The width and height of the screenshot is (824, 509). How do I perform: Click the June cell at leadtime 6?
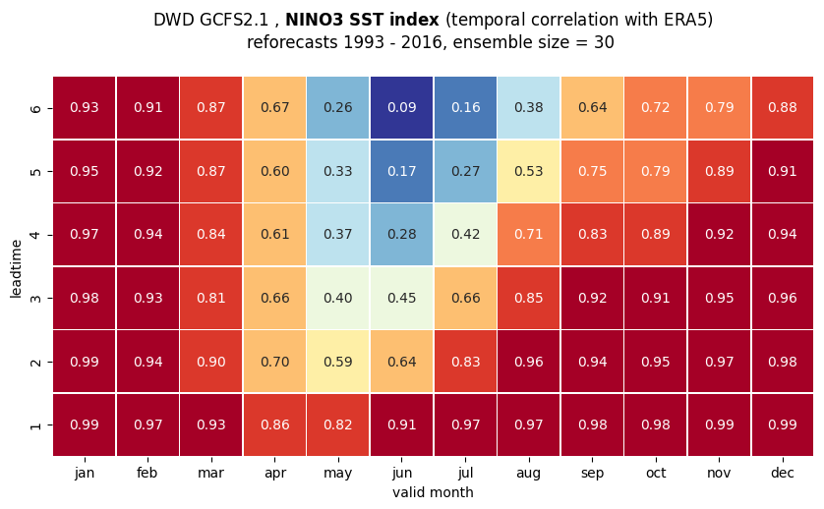click(401, 108)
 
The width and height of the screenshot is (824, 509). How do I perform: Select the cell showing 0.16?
click(465, 108)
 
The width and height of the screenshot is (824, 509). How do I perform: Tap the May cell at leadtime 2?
click(338, 362)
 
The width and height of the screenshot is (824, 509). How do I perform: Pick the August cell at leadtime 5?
click(529, 171)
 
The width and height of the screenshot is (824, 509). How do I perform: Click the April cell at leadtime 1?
click(274, 424)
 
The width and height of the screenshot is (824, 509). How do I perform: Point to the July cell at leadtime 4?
click(465, 234)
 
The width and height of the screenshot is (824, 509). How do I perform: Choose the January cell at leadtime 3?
click(85, 298)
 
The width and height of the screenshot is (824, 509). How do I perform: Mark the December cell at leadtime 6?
click(783, 108)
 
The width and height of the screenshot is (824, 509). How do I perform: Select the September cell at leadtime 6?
click(592, 108)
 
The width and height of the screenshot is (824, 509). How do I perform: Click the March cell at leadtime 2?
click(210, 362)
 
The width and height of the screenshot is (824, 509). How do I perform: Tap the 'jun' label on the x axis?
click(402, 474)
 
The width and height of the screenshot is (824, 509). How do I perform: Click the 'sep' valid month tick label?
click(592, 474)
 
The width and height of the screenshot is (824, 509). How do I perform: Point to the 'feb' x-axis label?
click(147, 473)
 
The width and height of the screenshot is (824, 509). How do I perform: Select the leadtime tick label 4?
click(35, 235)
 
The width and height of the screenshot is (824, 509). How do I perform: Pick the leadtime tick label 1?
click(35, 424)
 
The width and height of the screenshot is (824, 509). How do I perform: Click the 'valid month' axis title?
click(433, 492)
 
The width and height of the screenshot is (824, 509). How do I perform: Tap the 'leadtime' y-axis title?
click(16, 268)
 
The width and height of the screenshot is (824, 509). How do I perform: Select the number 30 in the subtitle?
click(604, 42)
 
